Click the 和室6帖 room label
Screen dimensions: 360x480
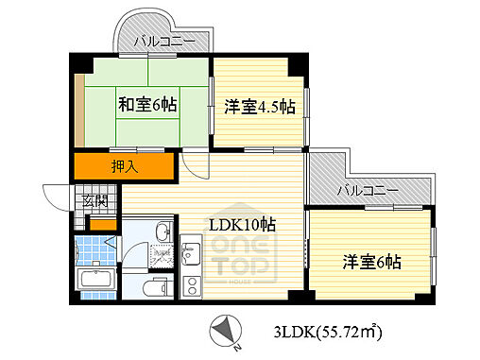147,104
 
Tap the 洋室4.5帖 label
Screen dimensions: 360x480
260,107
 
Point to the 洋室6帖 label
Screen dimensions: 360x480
371,261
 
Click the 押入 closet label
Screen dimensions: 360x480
127,168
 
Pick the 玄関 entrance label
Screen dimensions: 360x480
94,200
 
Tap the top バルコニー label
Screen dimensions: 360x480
163,42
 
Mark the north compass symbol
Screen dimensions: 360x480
226,330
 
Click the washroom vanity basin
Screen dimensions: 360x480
162,231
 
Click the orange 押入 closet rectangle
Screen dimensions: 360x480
127,168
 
